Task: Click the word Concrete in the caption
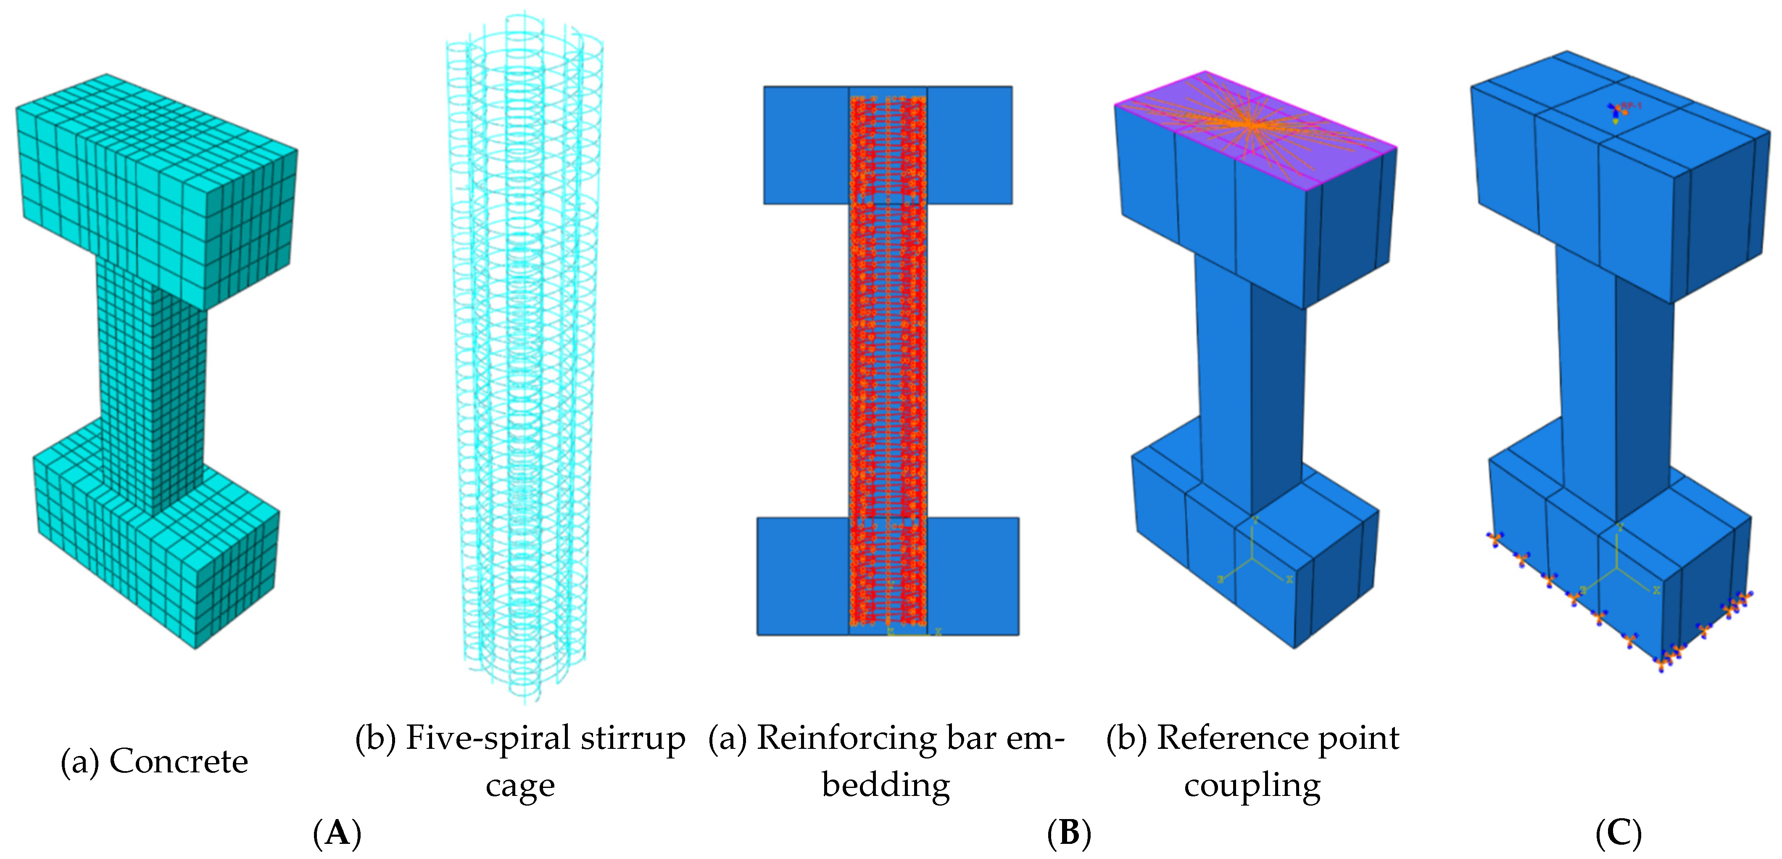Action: click(x=179, y=761)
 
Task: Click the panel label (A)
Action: click(x=337, y=833)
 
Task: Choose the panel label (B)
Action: click(x=1069, y=833)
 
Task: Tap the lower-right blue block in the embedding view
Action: click(x=972, y=576)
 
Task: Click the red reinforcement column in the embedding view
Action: click(x=888, y=360)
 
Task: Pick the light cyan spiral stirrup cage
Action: click(x=524, y=360)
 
